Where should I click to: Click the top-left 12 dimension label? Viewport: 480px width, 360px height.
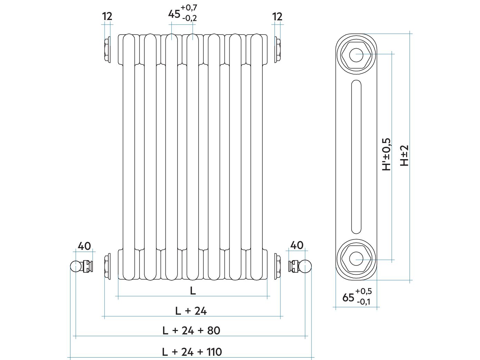tap(107, 17)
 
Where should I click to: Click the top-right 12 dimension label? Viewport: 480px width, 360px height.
tap(277, 17)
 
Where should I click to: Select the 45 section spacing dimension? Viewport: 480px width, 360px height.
tap(174, 14)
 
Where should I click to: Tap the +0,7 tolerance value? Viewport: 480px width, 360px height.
tap(189, 8)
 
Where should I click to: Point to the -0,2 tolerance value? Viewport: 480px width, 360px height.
tap(189, 18)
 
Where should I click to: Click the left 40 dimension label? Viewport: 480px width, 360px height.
tap(84, 246)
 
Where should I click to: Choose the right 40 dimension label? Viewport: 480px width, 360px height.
tap(297, 245)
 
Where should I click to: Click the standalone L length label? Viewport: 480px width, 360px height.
tap(193, 291)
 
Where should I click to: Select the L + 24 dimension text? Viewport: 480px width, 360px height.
tap(191, 311)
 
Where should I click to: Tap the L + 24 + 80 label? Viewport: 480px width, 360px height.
tap(191, 331)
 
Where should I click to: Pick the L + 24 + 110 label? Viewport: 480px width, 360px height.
tap(192, 352)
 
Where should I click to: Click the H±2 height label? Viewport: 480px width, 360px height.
tap(404, 156)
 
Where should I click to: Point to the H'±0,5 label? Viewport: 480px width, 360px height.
tap(386, 154)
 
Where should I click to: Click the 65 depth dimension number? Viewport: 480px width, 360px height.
tap(348, 298)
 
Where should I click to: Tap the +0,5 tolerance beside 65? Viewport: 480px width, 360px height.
tap(363, 291)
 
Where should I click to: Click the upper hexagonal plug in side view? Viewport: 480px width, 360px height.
tap(356, 55)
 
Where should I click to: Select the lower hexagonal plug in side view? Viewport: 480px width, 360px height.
tap(356, 259)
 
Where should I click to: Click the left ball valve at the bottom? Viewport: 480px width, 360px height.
tap(81, 266)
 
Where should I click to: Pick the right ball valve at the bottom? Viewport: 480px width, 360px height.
tap(300, 266)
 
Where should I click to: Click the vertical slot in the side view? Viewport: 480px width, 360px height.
tap(356, 157)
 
